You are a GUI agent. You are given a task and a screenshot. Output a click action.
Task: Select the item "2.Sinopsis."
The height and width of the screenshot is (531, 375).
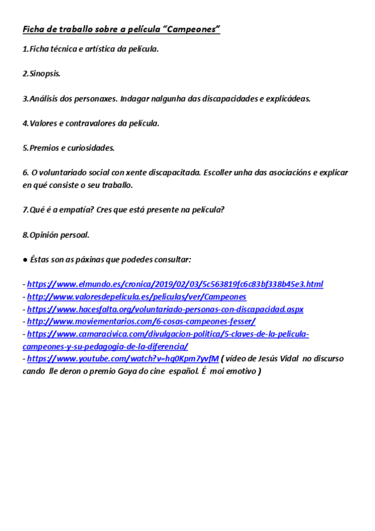42,73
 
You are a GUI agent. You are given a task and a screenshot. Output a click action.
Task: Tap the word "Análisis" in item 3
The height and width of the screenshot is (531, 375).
45,98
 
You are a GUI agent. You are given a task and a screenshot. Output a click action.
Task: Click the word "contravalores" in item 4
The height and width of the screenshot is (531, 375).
87,123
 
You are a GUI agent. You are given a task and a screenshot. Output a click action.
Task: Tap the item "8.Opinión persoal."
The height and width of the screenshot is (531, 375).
56,235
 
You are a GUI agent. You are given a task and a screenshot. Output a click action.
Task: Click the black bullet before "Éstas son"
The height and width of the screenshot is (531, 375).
25,259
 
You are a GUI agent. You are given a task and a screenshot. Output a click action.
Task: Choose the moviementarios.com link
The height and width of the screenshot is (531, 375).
141,321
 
